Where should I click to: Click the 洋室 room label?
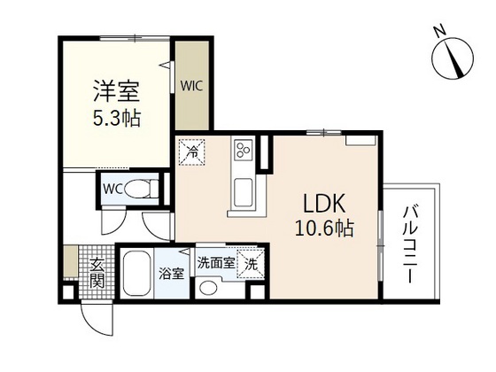[x=117, y=92]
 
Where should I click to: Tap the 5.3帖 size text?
[x=117, y=117]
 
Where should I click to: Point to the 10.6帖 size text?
[x=324, y=229]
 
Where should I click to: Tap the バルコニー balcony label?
[x=411, y=244]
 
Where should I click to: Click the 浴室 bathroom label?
[x=172, y=273]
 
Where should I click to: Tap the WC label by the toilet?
[x=112, y=188]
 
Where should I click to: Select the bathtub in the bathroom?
[x=137, y=273]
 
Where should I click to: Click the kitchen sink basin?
[x=243, y=190]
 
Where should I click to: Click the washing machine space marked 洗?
[x=252, y=264]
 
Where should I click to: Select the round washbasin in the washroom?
[x=209, y=287]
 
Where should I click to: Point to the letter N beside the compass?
[x=438, y=32]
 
